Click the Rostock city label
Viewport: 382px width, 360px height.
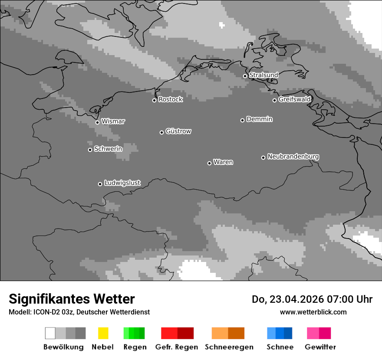click(170, 99)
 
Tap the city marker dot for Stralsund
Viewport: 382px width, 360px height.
click(245, 76)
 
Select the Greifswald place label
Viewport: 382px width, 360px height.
click(294, 99)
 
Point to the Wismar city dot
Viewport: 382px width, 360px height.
click(97, 122)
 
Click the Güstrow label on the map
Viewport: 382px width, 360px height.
click(178, 131)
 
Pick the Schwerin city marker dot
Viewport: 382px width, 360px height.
click(90, 150)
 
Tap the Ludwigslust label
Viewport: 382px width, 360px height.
click(122, 183)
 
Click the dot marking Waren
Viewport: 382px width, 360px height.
click(209, 163)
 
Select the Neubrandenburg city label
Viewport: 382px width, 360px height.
click(293, 157)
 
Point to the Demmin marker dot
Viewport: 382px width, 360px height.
click(242, 120)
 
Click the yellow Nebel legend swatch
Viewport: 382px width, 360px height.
click(103, 333)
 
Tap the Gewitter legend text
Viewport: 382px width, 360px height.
click(320, 347)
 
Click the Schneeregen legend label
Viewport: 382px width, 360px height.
click(229, 347)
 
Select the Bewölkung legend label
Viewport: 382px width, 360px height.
click(63, 347)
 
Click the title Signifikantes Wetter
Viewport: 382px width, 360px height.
click(72, 299)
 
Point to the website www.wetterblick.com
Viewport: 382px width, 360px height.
click(313, 312)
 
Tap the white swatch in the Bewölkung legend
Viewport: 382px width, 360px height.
click(50, 333)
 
